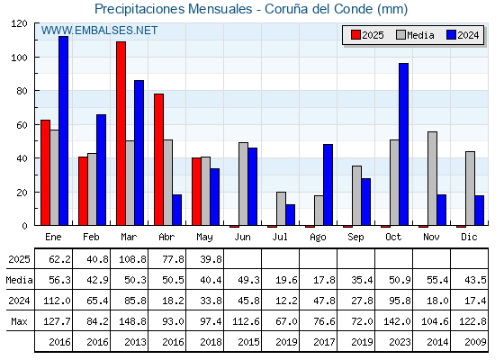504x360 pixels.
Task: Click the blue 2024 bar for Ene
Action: (64, 130)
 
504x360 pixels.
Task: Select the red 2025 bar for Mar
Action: (121, 133)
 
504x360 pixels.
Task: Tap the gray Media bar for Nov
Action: (432, 178)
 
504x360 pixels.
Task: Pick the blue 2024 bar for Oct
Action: (404, 144)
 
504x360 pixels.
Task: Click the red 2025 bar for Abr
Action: (158, 160)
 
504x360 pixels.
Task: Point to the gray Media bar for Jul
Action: (281, 209)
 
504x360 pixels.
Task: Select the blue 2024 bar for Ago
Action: (328, 184)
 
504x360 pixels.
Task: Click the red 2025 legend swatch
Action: (355, 35)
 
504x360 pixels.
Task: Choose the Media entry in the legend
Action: (415, 35)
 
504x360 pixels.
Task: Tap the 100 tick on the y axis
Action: (36, 58)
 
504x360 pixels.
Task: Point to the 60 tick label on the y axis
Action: (22, 125)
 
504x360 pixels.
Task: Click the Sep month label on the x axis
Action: (355, 238)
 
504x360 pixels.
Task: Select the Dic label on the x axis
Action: (469, 237)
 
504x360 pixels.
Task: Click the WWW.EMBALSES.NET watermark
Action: (99, 31)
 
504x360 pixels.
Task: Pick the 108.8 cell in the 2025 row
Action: (133, 259)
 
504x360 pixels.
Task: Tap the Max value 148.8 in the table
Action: (133, 321)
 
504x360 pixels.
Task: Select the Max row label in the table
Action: (19, 321)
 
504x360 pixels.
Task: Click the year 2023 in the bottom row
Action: (400, 342)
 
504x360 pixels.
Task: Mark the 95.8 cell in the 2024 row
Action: (400, 301)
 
